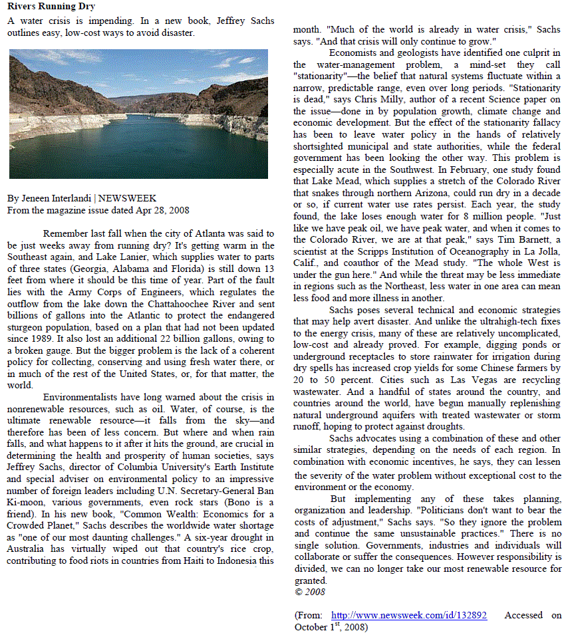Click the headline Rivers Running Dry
click(51, 7)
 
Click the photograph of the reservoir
click(138, 114)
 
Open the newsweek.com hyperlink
click(408, 615)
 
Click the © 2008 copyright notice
click(309, 591)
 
